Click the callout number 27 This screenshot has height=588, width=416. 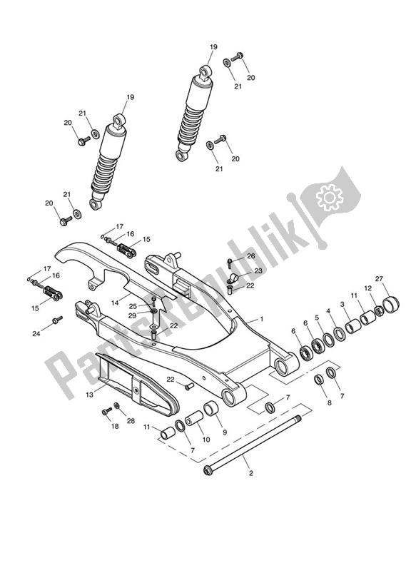pyautogui.click(x=379, y=279)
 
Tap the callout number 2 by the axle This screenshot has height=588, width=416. pyautogui.click(x=250, y=472)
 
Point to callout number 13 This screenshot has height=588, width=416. pyautogui.click(x=89, y=393)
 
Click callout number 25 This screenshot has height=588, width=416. pyautogui.click(x=133, y=306)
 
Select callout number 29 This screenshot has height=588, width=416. pyautogui.click(x=133, y=315)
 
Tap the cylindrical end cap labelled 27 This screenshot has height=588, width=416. pyautogui.click(x=390, y=305)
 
